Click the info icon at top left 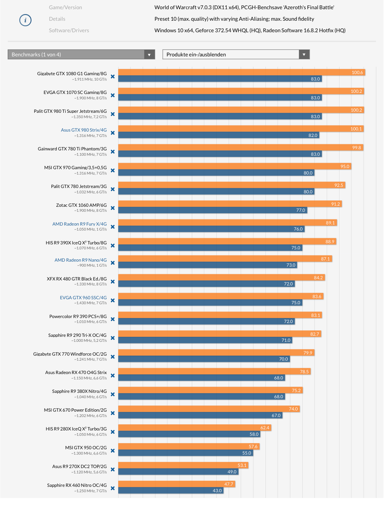click(x=25, y=20)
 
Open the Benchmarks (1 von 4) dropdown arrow click(x=150, y=54)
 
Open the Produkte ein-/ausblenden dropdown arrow click(x=304, y=54)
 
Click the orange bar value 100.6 click(x=357, y=73)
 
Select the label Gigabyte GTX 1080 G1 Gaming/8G click(x=72, y=73)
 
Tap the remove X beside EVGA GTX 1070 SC click(x=113, y=95)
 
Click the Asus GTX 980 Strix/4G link click(x=84, y=130)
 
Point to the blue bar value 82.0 click(x=313, y=135)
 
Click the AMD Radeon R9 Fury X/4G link click(x=79, y=224)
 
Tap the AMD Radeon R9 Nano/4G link click(x=81, y=260)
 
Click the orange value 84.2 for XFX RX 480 click(x=318, y=278)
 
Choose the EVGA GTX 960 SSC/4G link click(x=83, y=297)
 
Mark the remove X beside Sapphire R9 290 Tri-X click(x=113, y=338)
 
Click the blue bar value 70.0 click(x=283, y=359)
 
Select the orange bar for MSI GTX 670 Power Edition click(x=203, y=409)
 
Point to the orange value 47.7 click(x=229, y=484)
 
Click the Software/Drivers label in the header click(x=69, y=30)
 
